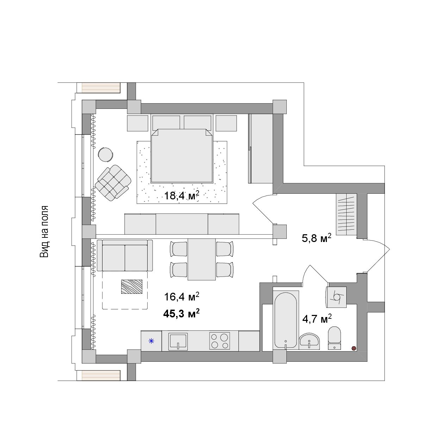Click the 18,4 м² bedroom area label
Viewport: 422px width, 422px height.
[x=182, y=195]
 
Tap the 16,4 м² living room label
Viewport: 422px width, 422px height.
[x=182, y=297]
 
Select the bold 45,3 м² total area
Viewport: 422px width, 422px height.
[x=181, y=313]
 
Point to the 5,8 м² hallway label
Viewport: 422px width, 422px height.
[x=316, y=238]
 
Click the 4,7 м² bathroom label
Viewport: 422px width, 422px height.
[x=317, y=319]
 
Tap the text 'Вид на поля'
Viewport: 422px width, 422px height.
[x=44, y=231]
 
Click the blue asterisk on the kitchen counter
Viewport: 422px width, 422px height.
[x=151, y=341]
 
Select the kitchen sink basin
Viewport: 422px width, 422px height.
[x=178, y=342]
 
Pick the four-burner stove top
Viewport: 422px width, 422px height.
[x=219, y=341]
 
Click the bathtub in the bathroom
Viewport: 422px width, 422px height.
[x=286, y=320]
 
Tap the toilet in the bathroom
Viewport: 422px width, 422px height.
[x=335, y=338]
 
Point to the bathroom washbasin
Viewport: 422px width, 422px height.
[x=309, y=341]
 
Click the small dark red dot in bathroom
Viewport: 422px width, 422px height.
[x=354, y=348]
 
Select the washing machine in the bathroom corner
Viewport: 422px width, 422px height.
[x=336, y=297]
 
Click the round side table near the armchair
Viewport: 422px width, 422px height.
[x=106, y=155]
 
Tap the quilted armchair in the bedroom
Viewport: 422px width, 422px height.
[x=113, y=183]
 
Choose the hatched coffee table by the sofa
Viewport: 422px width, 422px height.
[x=132, y=287]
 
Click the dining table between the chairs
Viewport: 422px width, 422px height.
[x=202, y=259]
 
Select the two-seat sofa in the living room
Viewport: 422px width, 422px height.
[x=125, y=255]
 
